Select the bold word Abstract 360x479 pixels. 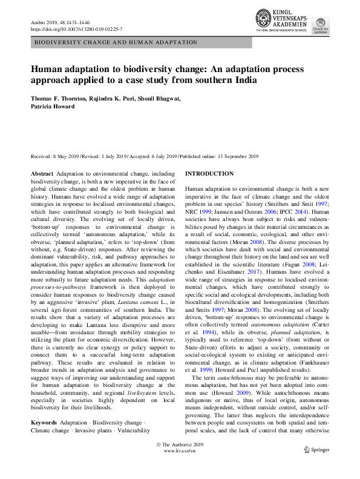click(x=42, y=174)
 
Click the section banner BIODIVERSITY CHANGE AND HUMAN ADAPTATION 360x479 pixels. click(x=116, y=43)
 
